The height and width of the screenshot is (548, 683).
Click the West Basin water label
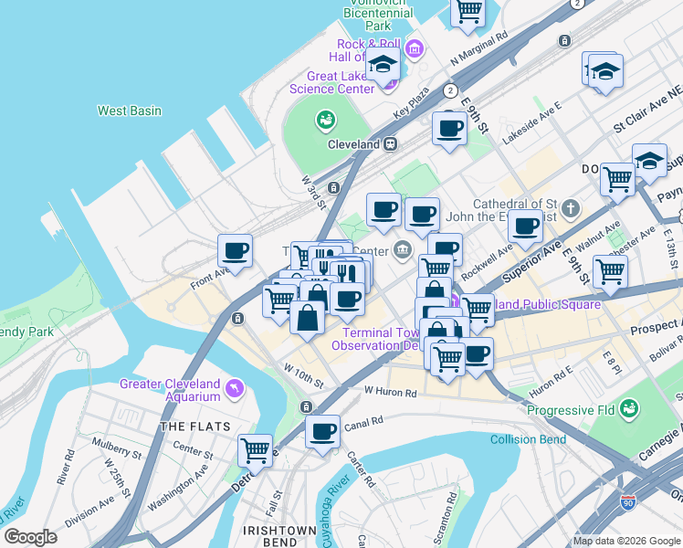click(130, 111)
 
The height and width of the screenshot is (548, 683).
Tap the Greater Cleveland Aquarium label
click(170, 390)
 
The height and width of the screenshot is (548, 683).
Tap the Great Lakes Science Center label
click(331, 82)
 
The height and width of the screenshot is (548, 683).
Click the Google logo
click(30, 537)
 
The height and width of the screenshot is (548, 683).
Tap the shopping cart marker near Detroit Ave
click(256, 449)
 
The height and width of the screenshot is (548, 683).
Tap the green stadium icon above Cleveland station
click(325, 119)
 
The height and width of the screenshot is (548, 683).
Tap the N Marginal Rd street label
click(480, 51)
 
